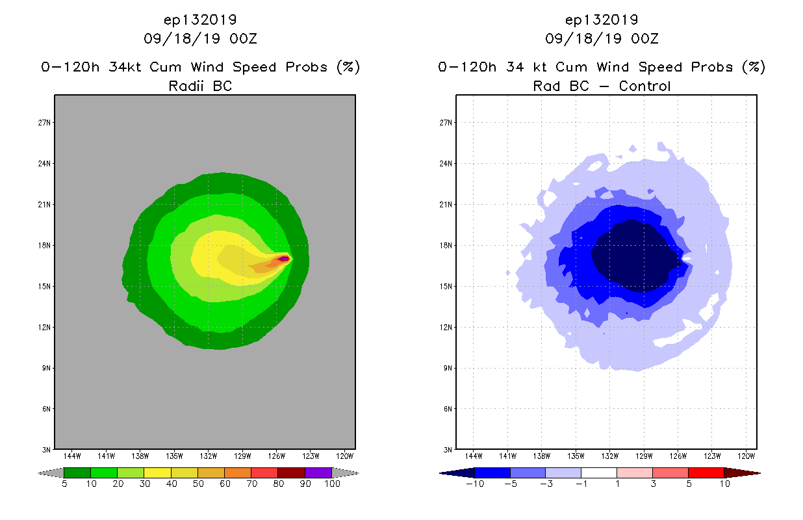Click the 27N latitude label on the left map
45,123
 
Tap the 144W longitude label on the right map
474,456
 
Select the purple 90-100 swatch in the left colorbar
318,473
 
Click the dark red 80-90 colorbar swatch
291,473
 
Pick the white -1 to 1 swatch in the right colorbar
599,473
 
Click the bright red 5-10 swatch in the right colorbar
705,473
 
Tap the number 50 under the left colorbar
198,484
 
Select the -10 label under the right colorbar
475,484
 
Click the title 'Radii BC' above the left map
200,86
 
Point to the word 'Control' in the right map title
644,86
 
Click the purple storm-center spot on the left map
284,259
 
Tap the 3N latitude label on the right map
448,450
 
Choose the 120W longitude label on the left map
345,456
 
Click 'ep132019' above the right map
602,19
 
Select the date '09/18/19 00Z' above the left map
200,38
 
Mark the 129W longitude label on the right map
644,456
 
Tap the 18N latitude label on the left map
45,246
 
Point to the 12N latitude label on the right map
446,327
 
